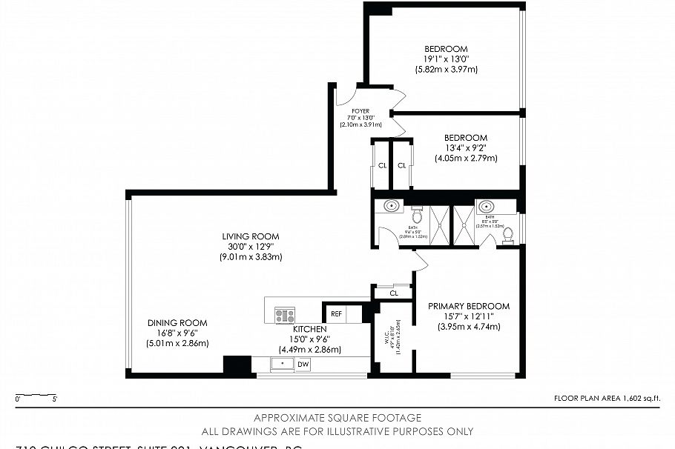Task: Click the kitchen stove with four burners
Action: pos(285,315)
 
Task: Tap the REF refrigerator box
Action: pos(336,314)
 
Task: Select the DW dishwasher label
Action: pos(303,364)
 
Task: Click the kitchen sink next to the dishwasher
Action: pos(282,364)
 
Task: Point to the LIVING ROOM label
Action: pos(250,237)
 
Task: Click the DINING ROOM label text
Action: pos(177,323)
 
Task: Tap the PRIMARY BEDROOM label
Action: pos(469,306)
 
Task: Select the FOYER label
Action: pos(360,111)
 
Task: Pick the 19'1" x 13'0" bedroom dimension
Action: pos(446,59)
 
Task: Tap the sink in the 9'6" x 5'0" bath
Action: pos(391,207)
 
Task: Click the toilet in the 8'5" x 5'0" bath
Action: pos(508,235)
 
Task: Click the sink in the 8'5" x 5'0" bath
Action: pos(487,206)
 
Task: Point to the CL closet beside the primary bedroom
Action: pos(392,293)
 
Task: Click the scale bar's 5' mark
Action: pos(55,399)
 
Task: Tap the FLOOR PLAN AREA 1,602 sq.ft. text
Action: pos(607,399)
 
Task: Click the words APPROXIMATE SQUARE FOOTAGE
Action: pos(337,418)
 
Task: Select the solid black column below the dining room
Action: pos(237,365)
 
